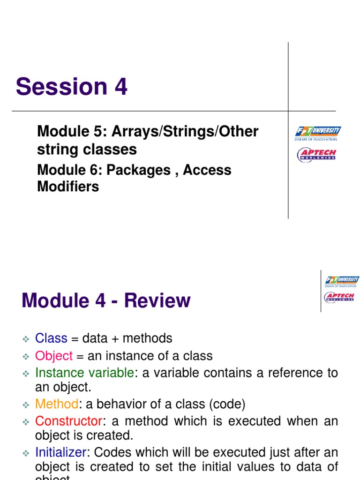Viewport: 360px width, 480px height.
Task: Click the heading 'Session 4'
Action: (x=71, y=87)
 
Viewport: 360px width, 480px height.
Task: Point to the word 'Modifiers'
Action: (x=68, y=187)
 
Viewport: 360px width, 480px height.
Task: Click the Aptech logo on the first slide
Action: (x=317, y=155)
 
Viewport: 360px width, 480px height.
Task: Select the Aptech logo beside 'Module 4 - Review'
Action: (x=339, y=297)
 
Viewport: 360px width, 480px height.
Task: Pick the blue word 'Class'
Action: (x=51, y=338)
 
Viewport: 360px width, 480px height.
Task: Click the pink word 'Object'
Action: (x=54, y=356)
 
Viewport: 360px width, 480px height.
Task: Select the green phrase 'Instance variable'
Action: (x=84, y=373)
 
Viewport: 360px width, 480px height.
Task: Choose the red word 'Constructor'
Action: (x=68, y=421)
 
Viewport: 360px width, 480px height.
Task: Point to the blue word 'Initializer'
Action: (x=60, y=452)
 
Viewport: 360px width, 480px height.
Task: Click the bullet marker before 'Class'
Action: (x=26, y=339)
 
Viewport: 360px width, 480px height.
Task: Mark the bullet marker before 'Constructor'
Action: (x=26, y=421)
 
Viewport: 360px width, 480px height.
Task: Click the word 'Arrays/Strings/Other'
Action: (x=184, y=132)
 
